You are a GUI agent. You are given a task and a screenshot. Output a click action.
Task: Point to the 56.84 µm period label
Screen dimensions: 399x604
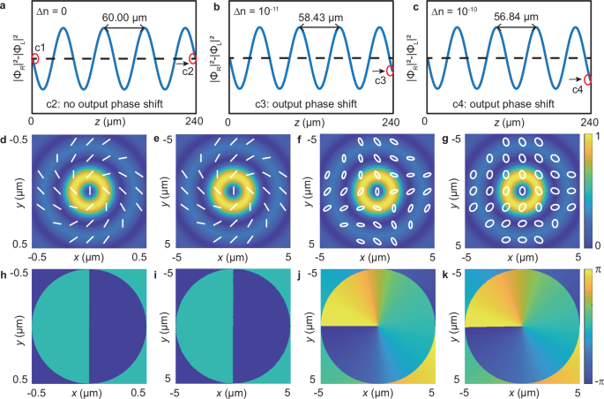[x=517, y=19]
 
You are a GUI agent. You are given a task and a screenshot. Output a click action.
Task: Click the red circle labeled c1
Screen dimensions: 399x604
[x=34, y=59]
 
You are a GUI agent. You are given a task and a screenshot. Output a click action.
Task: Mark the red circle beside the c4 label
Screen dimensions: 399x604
[x=587, y=79]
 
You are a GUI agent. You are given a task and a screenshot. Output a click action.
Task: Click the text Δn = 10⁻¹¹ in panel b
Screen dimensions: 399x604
[x=259, y=19]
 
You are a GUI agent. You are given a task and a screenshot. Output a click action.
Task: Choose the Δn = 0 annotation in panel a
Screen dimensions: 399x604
[x=58, y=19]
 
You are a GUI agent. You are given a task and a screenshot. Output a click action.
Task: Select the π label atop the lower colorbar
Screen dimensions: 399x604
[x=591, y=272]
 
